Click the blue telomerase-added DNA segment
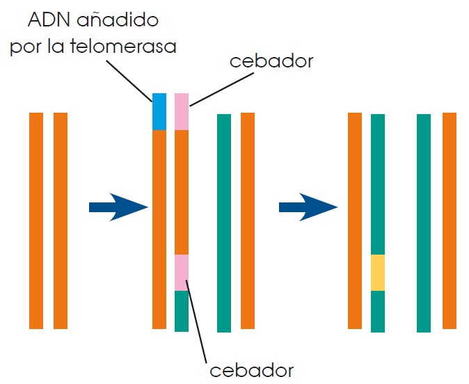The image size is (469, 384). [159, 111]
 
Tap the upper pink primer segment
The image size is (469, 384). [182, 111]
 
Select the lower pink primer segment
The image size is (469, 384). [182, 272]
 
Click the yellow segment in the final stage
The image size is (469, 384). [378, 272]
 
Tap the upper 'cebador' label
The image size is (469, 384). [271, 61]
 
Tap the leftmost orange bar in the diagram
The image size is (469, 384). [36, 220]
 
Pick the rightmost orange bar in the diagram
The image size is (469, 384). [450, 220]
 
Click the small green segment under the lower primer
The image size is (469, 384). [182, 311]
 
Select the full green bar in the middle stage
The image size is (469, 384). [224, 223]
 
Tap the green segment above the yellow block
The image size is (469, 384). [378, 184]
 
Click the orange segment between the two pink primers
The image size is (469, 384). [182, 192]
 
